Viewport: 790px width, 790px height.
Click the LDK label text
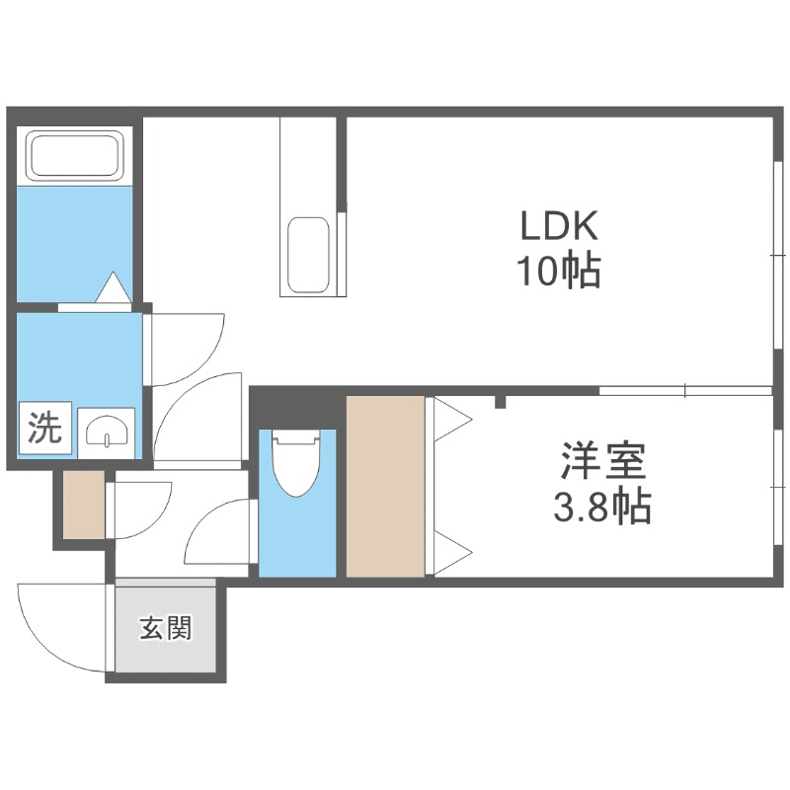[560, 228]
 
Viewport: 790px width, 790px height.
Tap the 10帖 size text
[560, 271]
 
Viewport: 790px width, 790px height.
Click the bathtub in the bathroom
[75, 154]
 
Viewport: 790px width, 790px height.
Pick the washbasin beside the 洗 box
[103, 431]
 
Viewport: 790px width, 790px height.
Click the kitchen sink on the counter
[308, 255]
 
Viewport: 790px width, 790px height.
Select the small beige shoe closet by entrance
[83, 506]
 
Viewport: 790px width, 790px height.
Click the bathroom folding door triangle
[112, 288]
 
